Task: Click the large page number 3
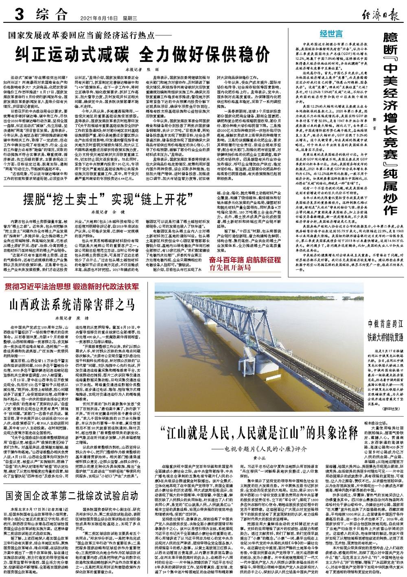coord(18,15)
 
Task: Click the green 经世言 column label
coord(331,33)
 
